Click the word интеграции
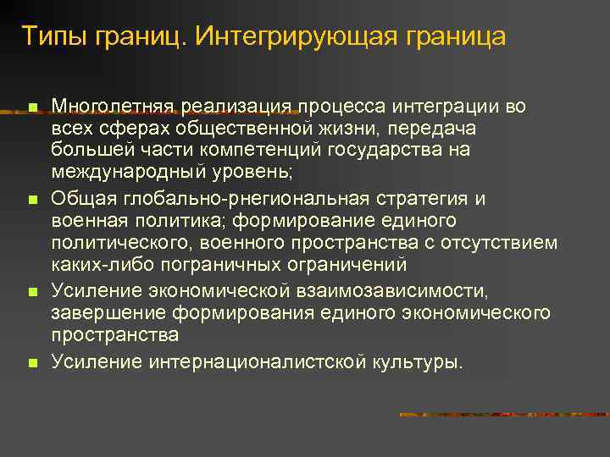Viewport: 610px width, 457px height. coord(444,106)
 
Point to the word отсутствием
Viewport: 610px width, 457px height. coord(508,242)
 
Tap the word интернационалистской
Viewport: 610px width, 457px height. coord(258,362)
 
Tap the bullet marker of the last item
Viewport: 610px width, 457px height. coord(31,364)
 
